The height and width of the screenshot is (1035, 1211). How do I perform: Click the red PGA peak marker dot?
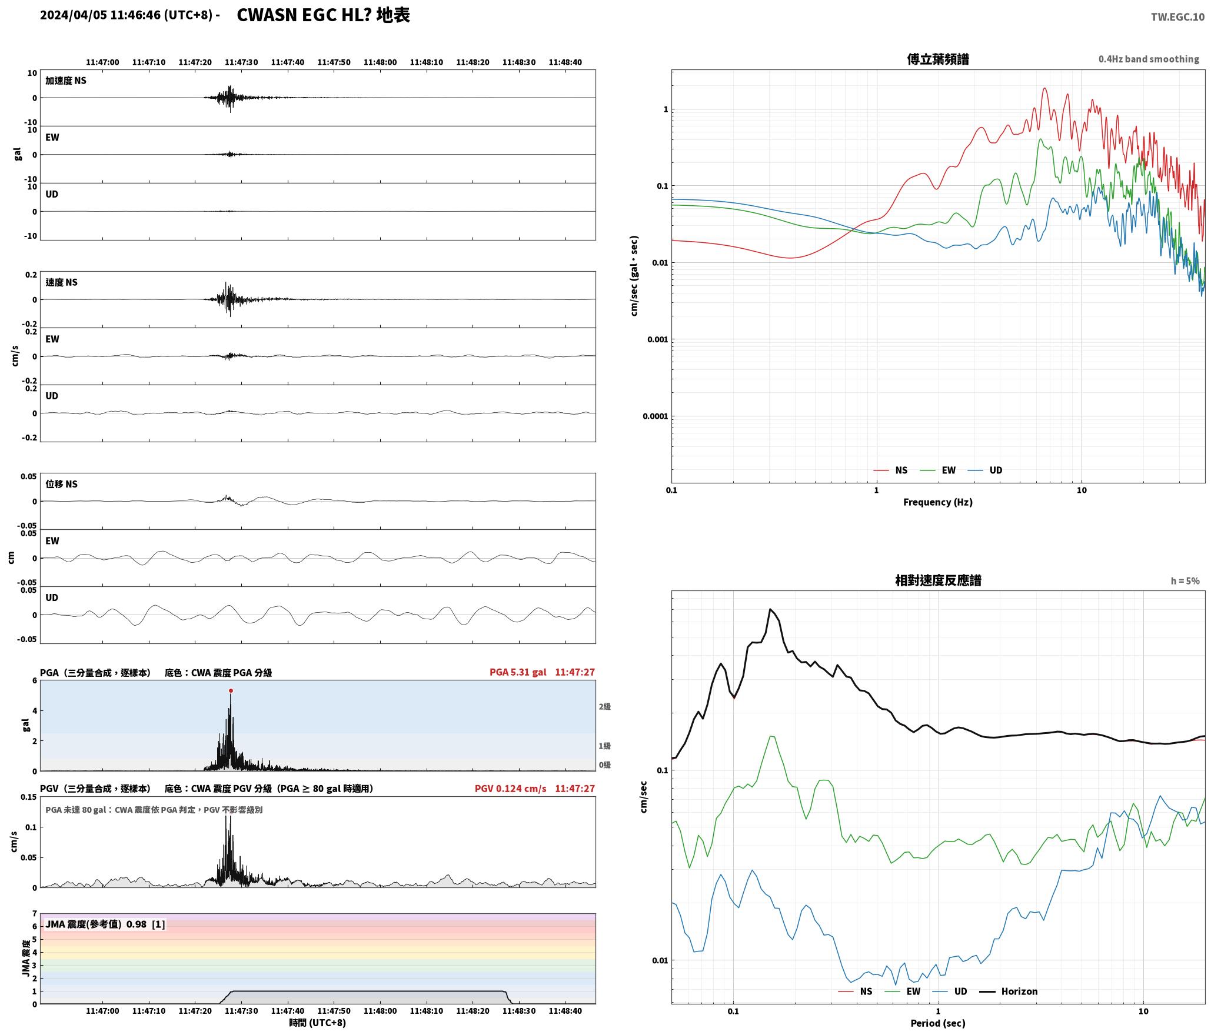coord(231,690)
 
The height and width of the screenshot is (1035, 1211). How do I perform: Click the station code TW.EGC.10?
coord(1177,17)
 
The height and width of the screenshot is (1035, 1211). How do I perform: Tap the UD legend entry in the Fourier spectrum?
coord(985,470)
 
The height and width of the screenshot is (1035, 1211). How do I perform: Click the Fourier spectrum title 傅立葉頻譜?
coord(938,59)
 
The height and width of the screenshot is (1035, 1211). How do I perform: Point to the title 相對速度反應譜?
coord(938,580)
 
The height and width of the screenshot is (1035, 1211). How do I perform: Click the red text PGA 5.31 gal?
coord(518,672)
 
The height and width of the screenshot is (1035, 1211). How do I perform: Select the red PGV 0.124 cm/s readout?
coord(511,788)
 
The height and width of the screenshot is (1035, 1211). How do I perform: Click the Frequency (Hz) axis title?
coord(938,502)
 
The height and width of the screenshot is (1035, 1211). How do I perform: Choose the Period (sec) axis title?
coord(938,1023)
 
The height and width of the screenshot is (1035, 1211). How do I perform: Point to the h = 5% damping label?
coord(1185,581)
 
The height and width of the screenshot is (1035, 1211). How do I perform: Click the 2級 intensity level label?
coord(604,706)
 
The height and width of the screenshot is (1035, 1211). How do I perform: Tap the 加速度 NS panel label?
coord(66,81)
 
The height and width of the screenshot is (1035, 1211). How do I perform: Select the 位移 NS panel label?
coord(61,484)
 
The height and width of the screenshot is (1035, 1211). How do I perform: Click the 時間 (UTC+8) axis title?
coord(318,1023)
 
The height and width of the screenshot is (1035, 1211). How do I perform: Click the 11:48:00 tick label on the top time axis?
coord(380,62)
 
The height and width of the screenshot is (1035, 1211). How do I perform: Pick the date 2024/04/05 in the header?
coord(74,15)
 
